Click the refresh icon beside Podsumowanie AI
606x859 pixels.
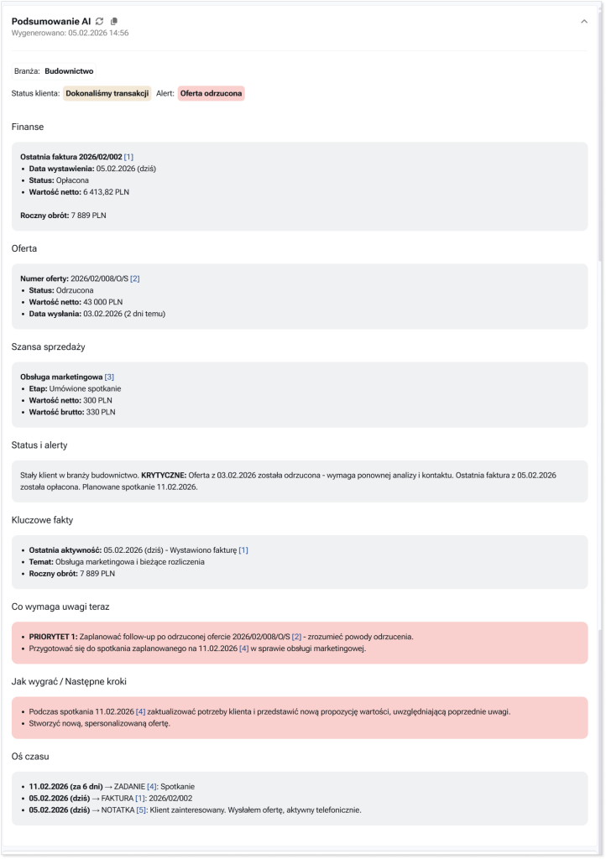point(100,21)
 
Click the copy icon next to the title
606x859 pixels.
point(115,21)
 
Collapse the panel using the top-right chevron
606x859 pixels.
point(584,22)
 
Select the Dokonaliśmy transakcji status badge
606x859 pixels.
point(107,93)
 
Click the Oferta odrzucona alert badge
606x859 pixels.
point(211,93)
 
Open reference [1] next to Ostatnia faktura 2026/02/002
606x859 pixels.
point(128,157)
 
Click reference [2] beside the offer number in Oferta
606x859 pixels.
point(134,279)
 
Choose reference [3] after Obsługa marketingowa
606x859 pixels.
point(109,377)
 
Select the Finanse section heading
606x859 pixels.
point(28,127)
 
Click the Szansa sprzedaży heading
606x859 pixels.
point(49,346)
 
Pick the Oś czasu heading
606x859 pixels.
point(30,755)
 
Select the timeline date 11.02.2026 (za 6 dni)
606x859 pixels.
point(65,786)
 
